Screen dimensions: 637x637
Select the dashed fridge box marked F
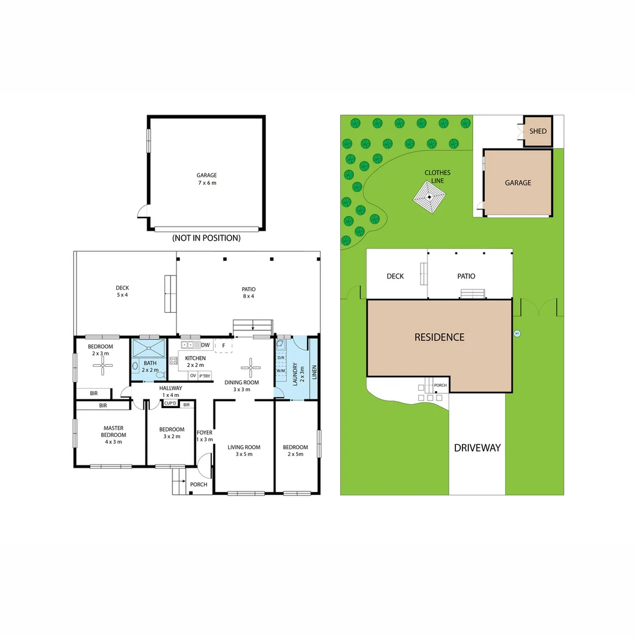click(x=224, y=345)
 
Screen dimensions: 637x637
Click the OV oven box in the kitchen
click(x=193, y=376)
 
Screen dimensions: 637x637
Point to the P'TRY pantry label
click(x=205, y=376)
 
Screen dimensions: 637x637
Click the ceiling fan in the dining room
click(x=251, y=367)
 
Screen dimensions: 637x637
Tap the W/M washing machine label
click(x=281, y=370)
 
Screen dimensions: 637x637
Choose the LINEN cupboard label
click(x=314, y=372)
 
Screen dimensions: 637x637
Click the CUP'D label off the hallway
click(x=170, y=403)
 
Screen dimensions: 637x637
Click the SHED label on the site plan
click(x=538, y=132)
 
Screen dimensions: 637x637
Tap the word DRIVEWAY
click(x=477, y=448)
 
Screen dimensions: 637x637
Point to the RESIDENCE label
click(x=439, y=337)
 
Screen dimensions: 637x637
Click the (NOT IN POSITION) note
click(x=206, y=238)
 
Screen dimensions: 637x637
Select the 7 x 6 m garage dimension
click(x=206, y=183)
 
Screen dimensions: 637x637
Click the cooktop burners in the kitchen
click(x=174, y=360)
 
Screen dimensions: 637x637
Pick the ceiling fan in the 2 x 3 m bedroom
click(x=103, y=367)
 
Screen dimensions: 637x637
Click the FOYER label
click(x=205, y=433)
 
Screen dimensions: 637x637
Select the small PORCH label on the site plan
click(x=440, y=386)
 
